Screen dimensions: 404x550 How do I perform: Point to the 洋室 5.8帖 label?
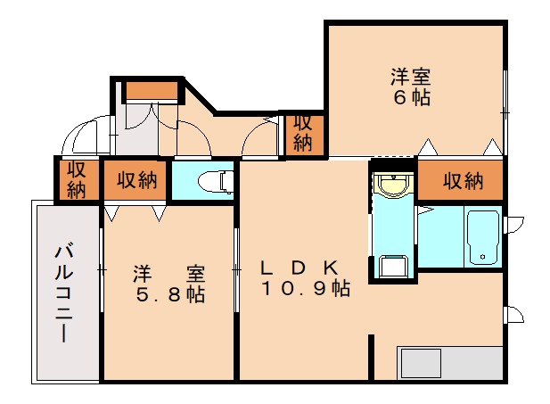(170, 284)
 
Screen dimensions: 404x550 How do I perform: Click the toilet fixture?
(212, 181)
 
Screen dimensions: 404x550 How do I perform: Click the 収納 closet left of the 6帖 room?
(303, 133)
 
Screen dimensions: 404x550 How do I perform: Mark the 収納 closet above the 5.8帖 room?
(135, 181)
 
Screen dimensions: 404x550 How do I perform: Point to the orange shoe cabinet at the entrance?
(150, 90)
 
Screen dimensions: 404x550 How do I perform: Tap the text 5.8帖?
(170, 295)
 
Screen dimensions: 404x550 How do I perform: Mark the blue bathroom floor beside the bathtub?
(440, 239)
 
